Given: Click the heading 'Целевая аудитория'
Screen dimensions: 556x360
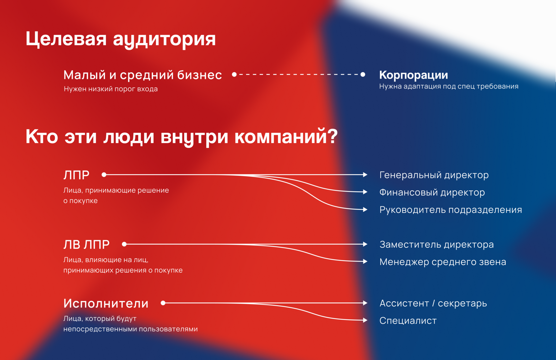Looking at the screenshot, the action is coord(120,39).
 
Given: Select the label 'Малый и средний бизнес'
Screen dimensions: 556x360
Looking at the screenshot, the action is coord(143,75).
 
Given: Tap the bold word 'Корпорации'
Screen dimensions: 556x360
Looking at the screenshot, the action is coord(414,75).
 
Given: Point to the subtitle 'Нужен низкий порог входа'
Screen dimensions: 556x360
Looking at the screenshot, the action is coord(111,89).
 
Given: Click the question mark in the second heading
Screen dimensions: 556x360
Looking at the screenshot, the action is coord(332,136).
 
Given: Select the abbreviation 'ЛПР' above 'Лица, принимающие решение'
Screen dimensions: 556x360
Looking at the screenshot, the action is coord(76,175).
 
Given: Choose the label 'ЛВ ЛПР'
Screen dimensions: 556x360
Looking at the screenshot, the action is coord(86,245).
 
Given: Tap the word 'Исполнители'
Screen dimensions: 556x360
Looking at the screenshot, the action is coord(106,303).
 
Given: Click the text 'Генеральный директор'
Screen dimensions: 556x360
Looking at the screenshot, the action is coord(434,175).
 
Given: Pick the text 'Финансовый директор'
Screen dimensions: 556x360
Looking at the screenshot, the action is coord(432,192).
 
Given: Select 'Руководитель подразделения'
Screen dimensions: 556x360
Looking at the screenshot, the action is coord(451,210).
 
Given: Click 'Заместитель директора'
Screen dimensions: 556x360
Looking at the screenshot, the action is coord(437,245).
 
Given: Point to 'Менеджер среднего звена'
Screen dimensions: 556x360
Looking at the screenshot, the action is coord(443,262).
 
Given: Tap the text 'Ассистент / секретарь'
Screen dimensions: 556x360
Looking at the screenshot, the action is coord(434,303).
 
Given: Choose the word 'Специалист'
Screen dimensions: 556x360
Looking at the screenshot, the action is coord(408,321).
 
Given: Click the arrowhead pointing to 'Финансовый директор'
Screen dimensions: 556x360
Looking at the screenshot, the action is coord(365,192).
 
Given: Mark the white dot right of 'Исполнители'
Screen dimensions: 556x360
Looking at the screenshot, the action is coord(163,303).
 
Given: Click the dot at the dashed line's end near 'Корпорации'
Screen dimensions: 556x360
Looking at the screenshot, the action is coord(363,74).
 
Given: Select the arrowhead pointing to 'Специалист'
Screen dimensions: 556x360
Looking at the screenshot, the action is coord(365,320).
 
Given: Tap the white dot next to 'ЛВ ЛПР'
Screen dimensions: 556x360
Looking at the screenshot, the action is coord(124,244).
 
